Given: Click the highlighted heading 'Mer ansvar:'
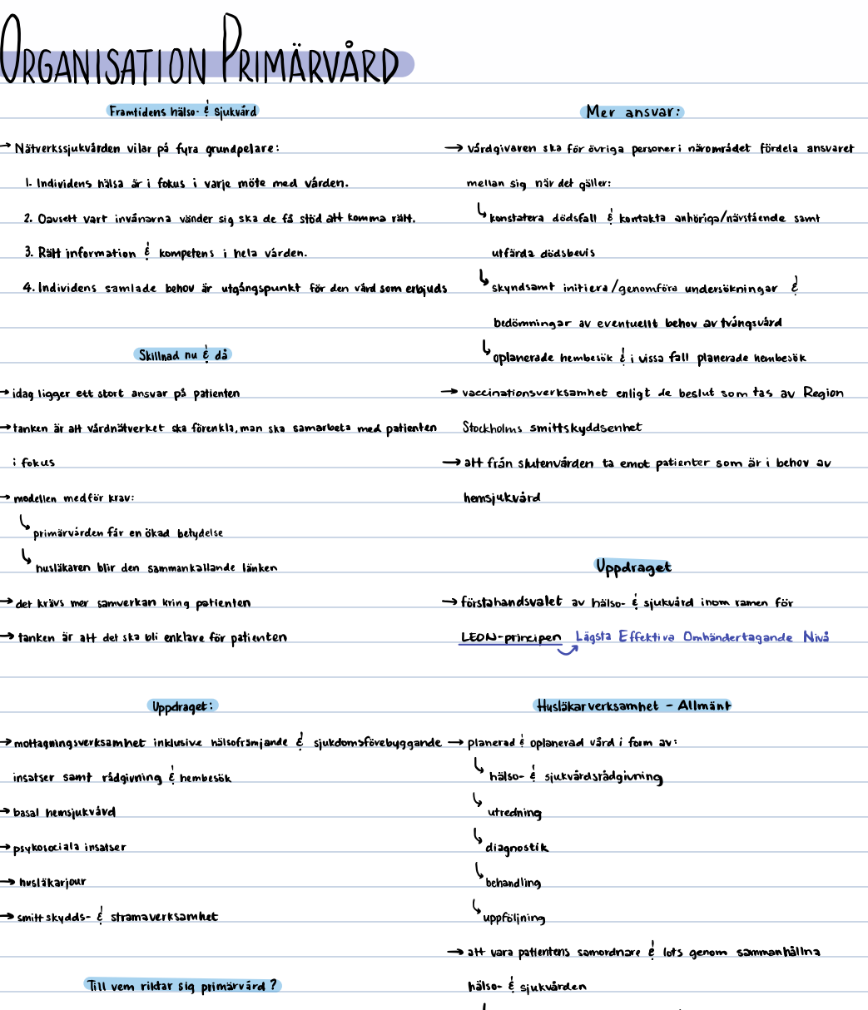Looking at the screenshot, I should tap(633, 111).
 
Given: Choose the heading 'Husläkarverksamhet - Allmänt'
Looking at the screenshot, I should tap(632, 706).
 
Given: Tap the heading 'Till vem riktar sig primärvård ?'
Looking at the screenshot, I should tap(183, 986).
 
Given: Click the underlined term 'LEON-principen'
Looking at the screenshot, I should tap(511, 638).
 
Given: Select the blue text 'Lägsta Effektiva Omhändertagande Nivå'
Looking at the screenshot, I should tap(702, 637).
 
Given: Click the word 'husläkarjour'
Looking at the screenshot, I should tap(52, 882).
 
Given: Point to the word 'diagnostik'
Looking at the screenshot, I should tap(517, 848).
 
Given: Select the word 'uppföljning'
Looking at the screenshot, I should tap(513, 918).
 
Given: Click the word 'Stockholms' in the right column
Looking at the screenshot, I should tap(493, 428).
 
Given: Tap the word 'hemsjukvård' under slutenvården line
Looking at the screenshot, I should tap(502, 498).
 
